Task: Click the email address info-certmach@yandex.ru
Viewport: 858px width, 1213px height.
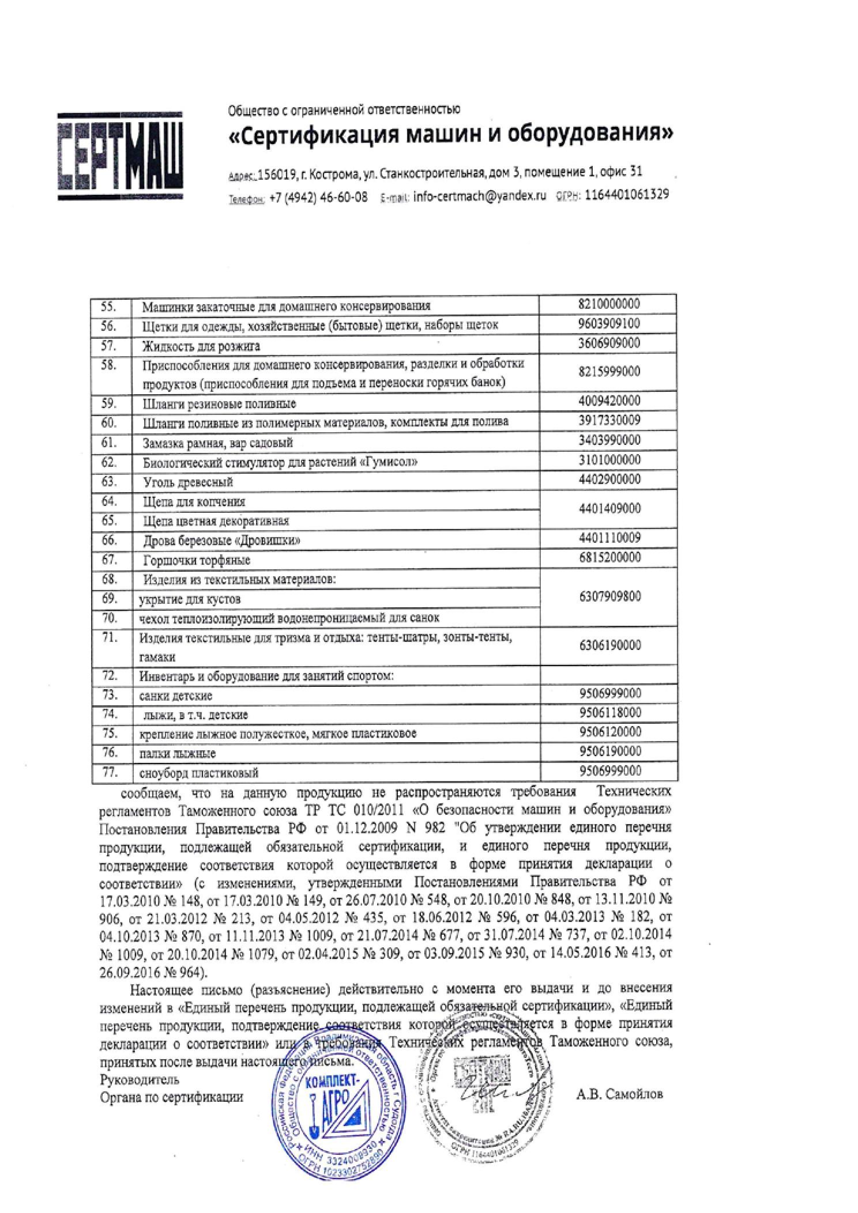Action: (479, 196)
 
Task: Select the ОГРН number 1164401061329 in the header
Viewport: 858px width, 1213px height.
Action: (627, 195)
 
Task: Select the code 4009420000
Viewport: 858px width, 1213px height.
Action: (609, 400)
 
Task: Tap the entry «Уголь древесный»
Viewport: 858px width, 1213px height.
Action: (188, 482)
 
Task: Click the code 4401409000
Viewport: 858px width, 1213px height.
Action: (609, 509)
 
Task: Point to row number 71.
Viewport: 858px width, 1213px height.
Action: (109, 638)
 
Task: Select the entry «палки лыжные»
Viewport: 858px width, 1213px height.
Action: (178, 754)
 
